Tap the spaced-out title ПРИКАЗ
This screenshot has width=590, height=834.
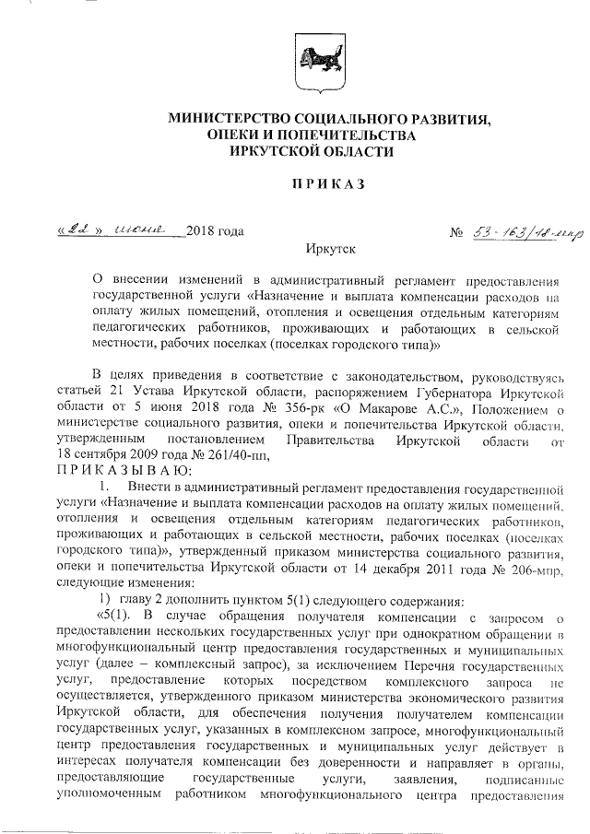click(328, 184)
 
